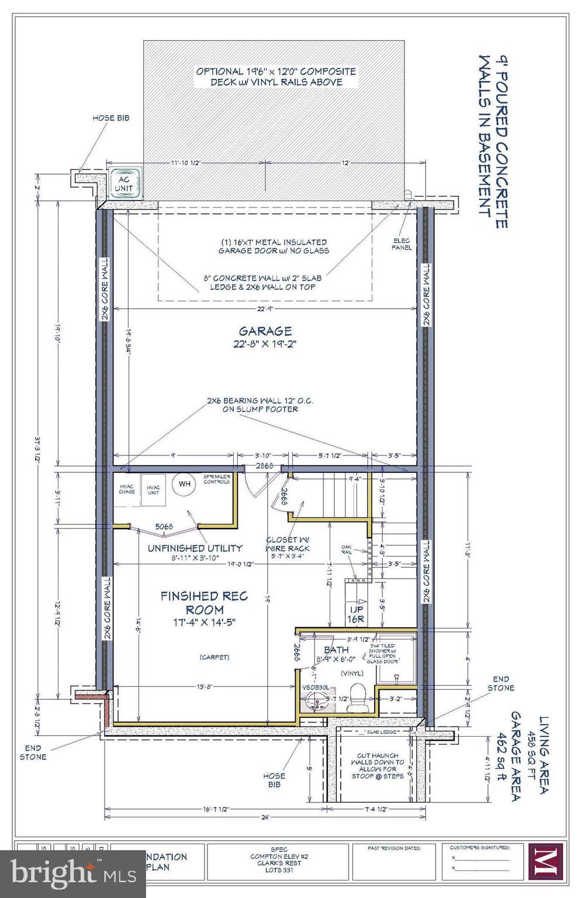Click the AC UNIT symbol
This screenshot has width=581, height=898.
124,184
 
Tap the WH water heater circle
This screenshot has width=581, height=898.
184,484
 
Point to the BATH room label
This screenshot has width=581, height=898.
336,650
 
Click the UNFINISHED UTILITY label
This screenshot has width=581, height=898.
195,548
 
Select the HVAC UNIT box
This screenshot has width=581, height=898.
154,489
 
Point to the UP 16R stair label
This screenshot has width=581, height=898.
356,614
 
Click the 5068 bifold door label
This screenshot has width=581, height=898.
164,526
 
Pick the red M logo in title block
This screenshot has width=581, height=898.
545,861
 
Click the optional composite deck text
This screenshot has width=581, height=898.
276,77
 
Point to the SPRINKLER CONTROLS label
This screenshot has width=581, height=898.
216,479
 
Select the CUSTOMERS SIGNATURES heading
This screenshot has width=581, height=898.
480,847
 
